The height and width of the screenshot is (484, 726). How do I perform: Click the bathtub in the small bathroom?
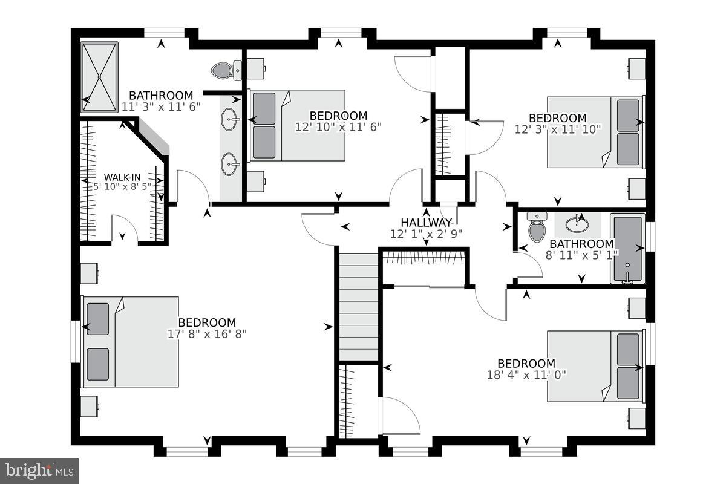pos(627,248)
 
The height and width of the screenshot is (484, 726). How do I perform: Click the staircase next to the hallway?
pos(358,307)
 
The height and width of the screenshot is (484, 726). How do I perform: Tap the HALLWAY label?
pos(426,223)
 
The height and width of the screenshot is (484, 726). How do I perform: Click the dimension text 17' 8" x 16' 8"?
pos(207,333)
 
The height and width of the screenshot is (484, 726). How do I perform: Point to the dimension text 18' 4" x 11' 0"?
pos(526,374)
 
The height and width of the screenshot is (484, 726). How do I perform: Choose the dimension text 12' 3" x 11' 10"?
pos(558,129)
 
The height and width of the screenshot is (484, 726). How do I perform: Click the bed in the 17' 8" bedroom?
pos(131,342)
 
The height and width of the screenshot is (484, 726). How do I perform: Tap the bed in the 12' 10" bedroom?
pos(298,125)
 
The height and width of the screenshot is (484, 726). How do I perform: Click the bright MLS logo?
pos(39,469)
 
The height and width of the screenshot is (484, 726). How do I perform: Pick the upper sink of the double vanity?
pos(229,120)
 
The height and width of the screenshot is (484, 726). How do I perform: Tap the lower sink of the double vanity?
pos(229,163)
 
